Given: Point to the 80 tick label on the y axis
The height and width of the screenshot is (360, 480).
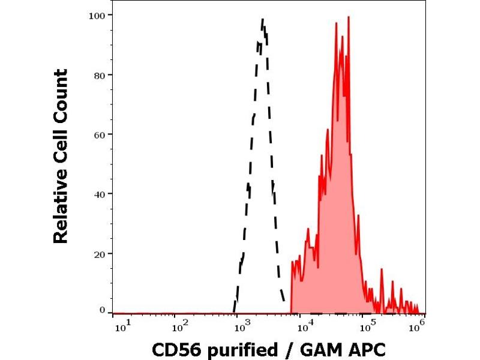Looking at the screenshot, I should click(x=100, y=75).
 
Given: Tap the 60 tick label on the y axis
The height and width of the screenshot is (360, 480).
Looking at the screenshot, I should click(x=100, y=134).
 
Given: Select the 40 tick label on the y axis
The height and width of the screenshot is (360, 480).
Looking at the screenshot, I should click(x=100, y=194).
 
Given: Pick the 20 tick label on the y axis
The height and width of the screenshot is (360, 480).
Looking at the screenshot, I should click(x=100, y=253).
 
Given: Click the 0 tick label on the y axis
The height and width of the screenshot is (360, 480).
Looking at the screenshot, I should click(x=102, y=310).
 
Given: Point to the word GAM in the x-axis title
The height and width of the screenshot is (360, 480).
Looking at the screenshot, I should click(x=319, y=349).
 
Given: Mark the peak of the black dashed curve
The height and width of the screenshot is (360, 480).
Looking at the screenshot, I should click(x=263, y=19).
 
